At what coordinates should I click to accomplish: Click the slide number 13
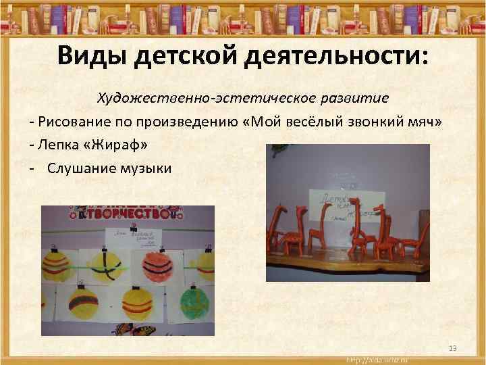pyautogui.click(x=453, y=348)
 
